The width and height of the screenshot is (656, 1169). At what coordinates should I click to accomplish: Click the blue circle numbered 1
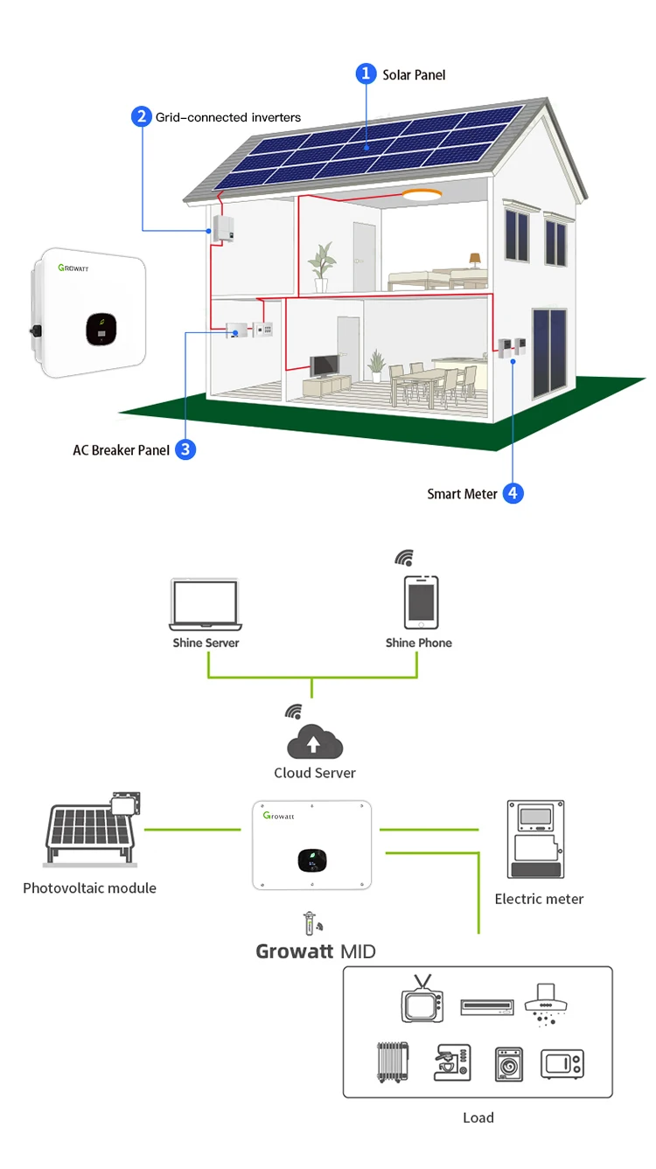366,74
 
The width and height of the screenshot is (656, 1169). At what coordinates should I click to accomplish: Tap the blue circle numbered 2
142,116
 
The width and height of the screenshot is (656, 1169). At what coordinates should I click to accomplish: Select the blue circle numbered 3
185,449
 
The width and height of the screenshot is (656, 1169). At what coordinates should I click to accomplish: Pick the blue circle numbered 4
513,493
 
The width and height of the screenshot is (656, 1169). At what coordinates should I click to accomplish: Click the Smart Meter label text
462,494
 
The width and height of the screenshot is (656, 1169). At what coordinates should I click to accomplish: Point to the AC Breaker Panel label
121,450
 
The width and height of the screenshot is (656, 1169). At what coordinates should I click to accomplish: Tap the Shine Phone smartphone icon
420,602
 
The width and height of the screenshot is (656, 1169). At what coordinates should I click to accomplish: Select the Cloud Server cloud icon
315,741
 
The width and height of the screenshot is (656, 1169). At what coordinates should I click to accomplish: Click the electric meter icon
535,839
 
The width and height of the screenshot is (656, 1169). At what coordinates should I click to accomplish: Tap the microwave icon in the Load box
562,1063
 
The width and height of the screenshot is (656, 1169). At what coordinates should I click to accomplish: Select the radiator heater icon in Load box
392,1061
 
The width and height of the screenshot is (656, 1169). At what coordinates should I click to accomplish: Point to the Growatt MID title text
315,950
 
